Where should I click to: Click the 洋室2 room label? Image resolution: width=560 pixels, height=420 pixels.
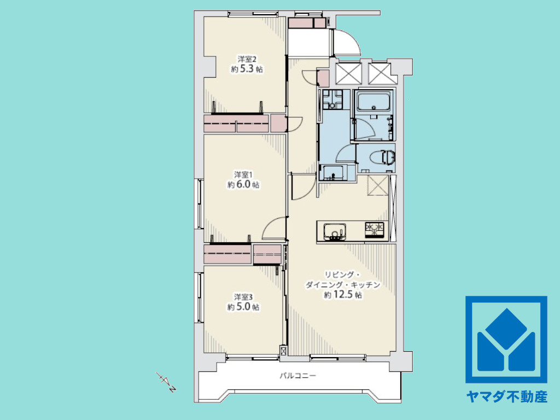tap(247, 59)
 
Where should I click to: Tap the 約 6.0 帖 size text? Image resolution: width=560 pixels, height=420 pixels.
tap(243, 185)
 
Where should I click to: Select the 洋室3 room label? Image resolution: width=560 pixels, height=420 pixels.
tap(243, 297)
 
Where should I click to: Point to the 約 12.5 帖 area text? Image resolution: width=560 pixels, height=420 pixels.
tap(343, 295)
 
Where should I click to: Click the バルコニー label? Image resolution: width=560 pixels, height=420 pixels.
tap(297, 376)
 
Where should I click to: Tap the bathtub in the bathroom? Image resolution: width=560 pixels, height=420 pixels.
tap(374, 102)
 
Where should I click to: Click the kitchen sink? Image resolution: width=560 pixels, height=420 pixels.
tap(335, 231)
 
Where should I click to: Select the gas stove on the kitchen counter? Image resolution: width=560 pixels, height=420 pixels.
tap(374, 230)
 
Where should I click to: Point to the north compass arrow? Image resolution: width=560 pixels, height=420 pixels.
tap(166, 382)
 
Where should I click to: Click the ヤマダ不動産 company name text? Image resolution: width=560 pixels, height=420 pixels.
tap(506, 396)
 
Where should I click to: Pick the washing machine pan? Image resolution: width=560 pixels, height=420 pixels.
tap(332, 100)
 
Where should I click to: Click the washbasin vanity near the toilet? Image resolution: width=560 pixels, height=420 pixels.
tap(334, 172)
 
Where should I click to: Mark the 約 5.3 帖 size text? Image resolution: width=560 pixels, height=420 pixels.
tap(247, 69)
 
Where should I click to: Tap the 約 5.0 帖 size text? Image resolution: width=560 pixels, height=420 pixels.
tap(243, 307)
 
